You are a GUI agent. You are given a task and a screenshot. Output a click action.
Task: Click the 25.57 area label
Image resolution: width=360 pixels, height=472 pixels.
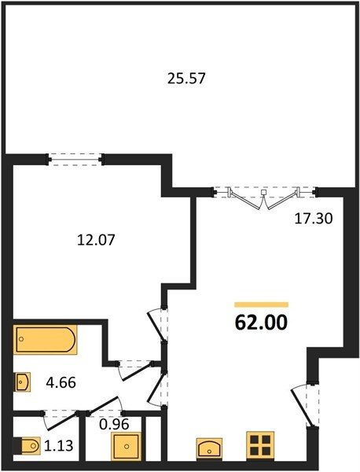coord(186,79)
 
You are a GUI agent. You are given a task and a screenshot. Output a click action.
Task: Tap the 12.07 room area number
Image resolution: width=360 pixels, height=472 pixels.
coord(96,240)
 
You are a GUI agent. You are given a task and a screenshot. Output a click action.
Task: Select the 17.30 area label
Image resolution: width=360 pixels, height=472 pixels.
coord(314,219)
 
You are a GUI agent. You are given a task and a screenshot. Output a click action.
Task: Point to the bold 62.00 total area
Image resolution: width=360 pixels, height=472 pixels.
coord(261,323)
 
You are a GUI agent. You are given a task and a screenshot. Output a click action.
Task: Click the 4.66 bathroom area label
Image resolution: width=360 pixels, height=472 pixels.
coord(61,383)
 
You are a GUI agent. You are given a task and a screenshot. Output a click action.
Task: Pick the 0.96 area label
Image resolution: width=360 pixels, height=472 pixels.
coord(114,425)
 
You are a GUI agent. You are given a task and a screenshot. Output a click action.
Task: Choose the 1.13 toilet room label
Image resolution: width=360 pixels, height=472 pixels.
coord(58,446)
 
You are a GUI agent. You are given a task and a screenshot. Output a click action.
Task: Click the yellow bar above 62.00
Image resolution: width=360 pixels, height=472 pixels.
coord(261,304)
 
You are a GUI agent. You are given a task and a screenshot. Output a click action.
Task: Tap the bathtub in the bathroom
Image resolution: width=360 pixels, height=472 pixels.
coord(45,339)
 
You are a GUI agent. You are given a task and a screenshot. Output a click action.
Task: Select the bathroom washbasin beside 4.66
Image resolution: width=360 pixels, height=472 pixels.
coord(22,382)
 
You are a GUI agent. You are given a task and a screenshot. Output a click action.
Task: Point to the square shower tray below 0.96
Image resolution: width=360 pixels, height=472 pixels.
coord(126,446)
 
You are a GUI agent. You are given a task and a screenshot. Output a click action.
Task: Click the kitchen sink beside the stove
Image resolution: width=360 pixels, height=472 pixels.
coord(209,449)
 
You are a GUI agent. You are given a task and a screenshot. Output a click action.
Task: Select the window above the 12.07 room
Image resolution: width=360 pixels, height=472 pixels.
coord(75,159)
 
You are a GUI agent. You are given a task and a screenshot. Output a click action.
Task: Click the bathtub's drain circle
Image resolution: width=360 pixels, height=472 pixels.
coord(21,339)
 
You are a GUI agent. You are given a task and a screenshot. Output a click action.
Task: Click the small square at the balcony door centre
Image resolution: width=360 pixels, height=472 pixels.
coord(264,192)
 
